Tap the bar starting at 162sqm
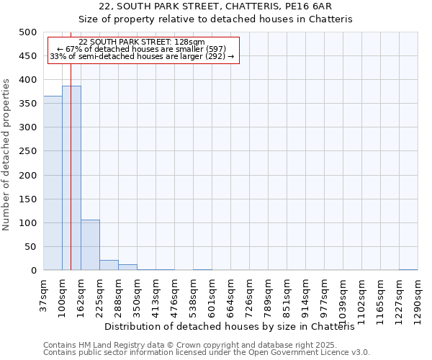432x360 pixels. pyautogui.click(x=90, y=245)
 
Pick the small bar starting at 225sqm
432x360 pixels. pyautogui.click(x=109, y=265)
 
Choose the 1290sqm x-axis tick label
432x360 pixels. pyautogui.click(x=418, y=297)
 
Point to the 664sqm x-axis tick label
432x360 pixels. pyautogui.click(x=230, y=294)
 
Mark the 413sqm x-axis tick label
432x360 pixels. pyautogui.click(x=156, y=294)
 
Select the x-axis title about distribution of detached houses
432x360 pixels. pyautogui.click(x=235, y=326)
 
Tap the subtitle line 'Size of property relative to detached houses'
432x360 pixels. pyautogui.click(x=215, y=19)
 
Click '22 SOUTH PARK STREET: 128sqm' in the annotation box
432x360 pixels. pyautogui.click(x=142, y=42)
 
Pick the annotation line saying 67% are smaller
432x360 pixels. pyautogui.click(x=142, y=49)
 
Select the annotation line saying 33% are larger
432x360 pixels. pyautogui.click(x=142, y=56)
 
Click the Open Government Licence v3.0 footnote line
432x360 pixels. pyautogui.click(x=207, y=353)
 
